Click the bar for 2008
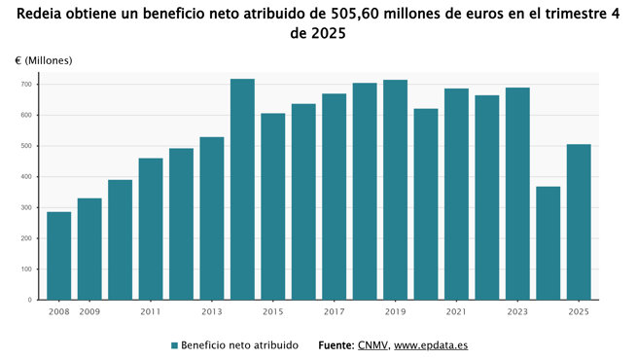coord(59,256)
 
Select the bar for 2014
coord(242,190)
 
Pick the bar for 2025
coord(579,222)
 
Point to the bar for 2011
coord(151,229)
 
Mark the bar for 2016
coord(303,201)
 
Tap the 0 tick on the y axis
coord(31,300)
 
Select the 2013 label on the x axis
coord(212,311)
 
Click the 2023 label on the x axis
coord(517,311)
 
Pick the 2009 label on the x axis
coord(89,311)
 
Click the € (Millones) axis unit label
coord(44,60)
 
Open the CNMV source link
coord(372,345)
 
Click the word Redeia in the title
coord(43,14)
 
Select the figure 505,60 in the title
coord(360,14)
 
